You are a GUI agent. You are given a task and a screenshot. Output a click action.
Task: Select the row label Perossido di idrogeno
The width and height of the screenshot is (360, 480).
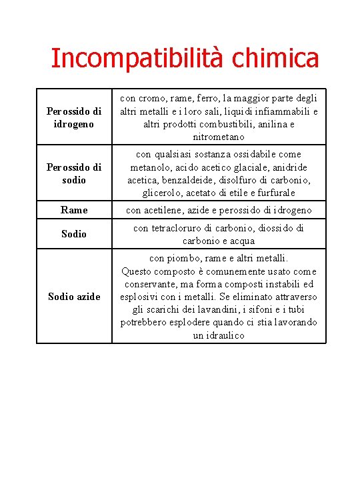(73, 117)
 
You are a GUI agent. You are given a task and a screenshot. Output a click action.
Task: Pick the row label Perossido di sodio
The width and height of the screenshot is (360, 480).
(73, 173)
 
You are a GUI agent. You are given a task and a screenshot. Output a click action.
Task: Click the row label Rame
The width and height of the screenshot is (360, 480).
(73, 210)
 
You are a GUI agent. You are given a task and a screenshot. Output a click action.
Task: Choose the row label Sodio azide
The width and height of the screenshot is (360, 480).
(73, 296)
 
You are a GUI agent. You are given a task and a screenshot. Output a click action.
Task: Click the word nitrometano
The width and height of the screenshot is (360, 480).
(219, 137)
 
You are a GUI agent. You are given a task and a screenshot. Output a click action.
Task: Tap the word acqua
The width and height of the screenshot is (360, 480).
(241, 241)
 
